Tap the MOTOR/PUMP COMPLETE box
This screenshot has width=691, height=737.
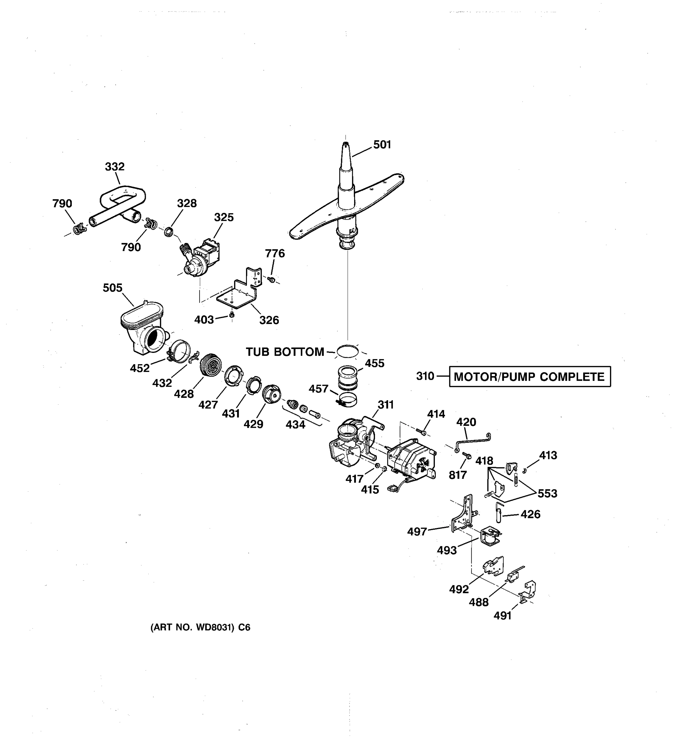[x=529, y=377]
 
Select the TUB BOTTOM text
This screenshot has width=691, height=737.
[x=285, y=352]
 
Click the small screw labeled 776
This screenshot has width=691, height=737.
[x=271, y=279]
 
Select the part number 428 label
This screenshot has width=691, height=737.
[x=184, y=394]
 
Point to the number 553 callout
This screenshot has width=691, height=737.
[x=547, y=493]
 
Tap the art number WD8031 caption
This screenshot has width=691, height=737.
[x=200, y=627]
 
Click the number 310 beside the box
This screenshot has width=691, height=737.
[x=425, y=376]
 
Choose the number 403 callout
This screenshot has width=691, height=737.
[x=204, y=320]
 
